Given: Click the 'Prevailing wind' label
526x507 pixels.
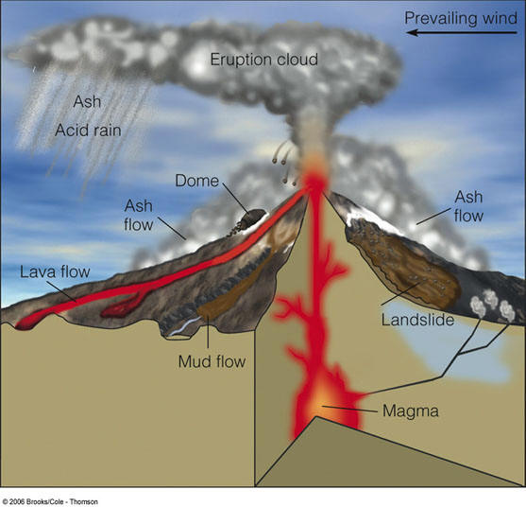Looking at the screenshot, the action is point(461,18).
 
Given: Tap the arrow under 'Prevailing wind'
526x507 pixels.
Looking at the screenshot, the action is point(462,32).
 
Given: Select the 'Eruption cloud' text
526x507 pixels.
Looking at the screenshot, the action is point(264,60).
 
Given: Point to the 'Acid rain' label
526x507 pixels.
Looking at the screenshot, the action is point(88,130).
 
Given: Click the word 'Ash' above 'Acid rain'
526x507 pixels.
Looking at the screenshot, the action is point(87,101).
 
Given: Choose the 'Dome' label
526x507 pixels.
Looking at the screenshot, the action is point(197,181).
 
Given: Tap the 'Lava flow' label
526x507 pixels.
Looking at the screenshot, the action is point(55,271).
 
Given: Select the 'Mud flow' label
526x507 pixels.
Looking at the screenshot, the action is point(212,362).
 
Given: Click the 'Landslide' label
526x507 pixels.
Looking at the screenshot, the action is point(417,320).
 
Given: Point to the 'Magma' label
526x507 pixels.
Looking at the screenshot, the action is point(411,411).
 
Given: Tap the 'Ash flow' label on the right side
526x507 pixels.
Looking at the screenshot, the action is point(468,206).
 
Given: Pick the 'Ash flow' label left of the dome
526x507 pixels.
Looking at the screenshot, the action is point(139,215).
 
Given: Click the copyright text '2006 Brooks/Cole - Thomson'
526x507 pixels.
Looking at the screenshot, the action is point(50,501).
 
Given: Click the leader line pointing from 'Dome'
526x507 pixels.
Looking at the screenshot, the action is point(236,199).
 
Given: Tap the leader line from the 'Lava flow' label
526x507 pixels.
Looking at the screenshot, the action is point(61,291).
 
